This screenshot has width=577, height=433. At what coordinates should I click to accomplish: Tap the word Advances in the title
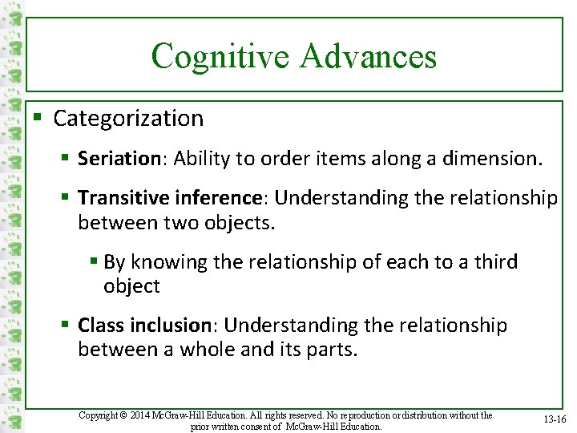point(368,57)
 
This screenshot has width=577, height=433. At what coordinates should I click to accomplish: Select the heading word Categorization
point(128,119)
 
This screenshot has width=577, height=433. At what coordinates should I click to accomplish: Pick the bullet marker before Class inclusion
point(67,326)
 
